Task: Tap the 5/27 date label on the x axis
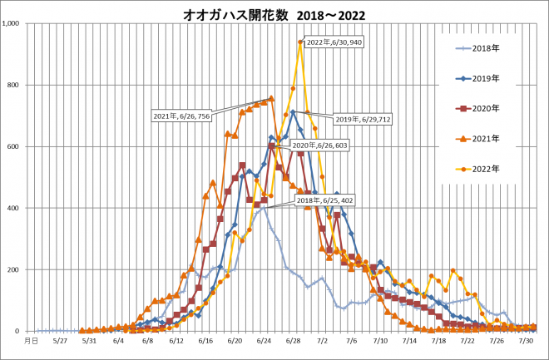59,340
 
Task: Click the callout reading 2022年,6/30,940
334,42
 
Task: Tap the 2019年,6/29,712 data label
363,119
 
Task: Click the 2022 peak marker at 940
300,42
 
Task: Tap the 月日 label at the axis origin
30,340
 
